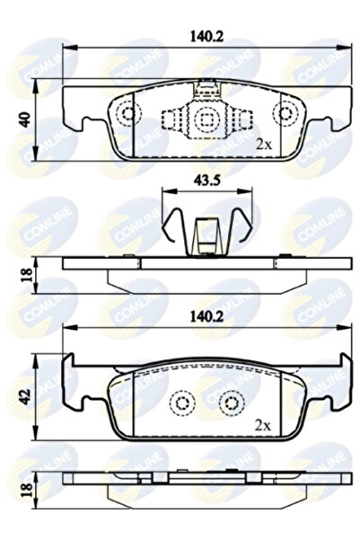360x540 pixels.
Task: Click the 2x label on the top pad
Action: coord(263,144)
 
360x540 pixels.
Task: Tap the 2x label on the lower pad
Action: coord(263,422)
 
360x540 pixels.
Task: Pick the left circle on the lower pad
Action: coord(182,402)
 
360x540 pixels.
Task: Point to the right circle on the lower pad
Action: coord(232,402)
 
